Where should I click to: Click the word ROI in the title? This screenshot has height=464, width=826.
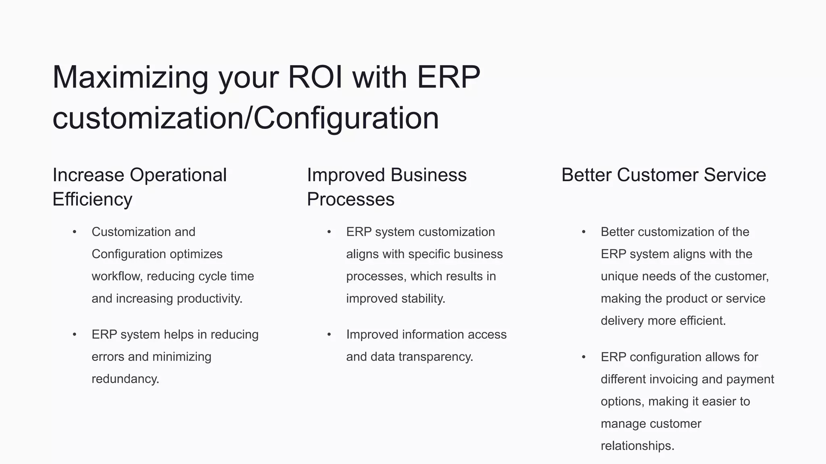pyautogui.click(x=315, y=77)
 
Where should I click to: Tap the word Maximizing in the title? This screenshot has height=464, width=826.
pyautogui.click(x=130, y=77)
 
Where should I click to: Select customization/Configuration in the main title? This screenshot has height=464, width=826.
pyautogui.click(x=246, y=118)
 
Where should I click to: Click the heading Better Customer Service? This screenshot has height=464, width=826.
pyautogui.click(x=663, y=175)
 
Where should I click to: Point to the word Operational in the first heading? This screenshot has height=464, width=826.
pyautogui.click(x=178, y=175)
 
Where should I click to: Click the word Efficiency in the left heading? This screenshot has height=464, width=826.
pyautogui.click(x=92, y=199)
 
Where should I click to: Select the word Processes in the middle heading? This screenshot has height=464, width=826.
pyautogui.click(x=350, y=199)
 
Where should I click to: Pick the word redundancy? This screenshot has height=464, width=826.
pyautogui.click(x=125, y=379)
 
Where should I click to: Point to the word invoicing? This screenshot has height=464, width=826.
pyautogui.click(x=668, y=379)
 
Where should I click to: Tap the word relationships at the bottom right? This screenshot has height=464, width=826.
pyautogui.click(x=637, y=446)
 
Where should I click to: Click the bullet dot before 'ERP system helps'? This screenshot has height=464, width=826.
pyautogui.click(x=75, y=334)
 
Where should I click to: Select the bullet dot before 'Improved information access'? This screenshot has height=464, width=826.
pyautogui.click(x=329, y=334)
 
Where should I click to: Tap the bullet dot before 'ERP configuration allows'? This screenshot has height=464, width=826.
pyautogui.click(x=584, y=357)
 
